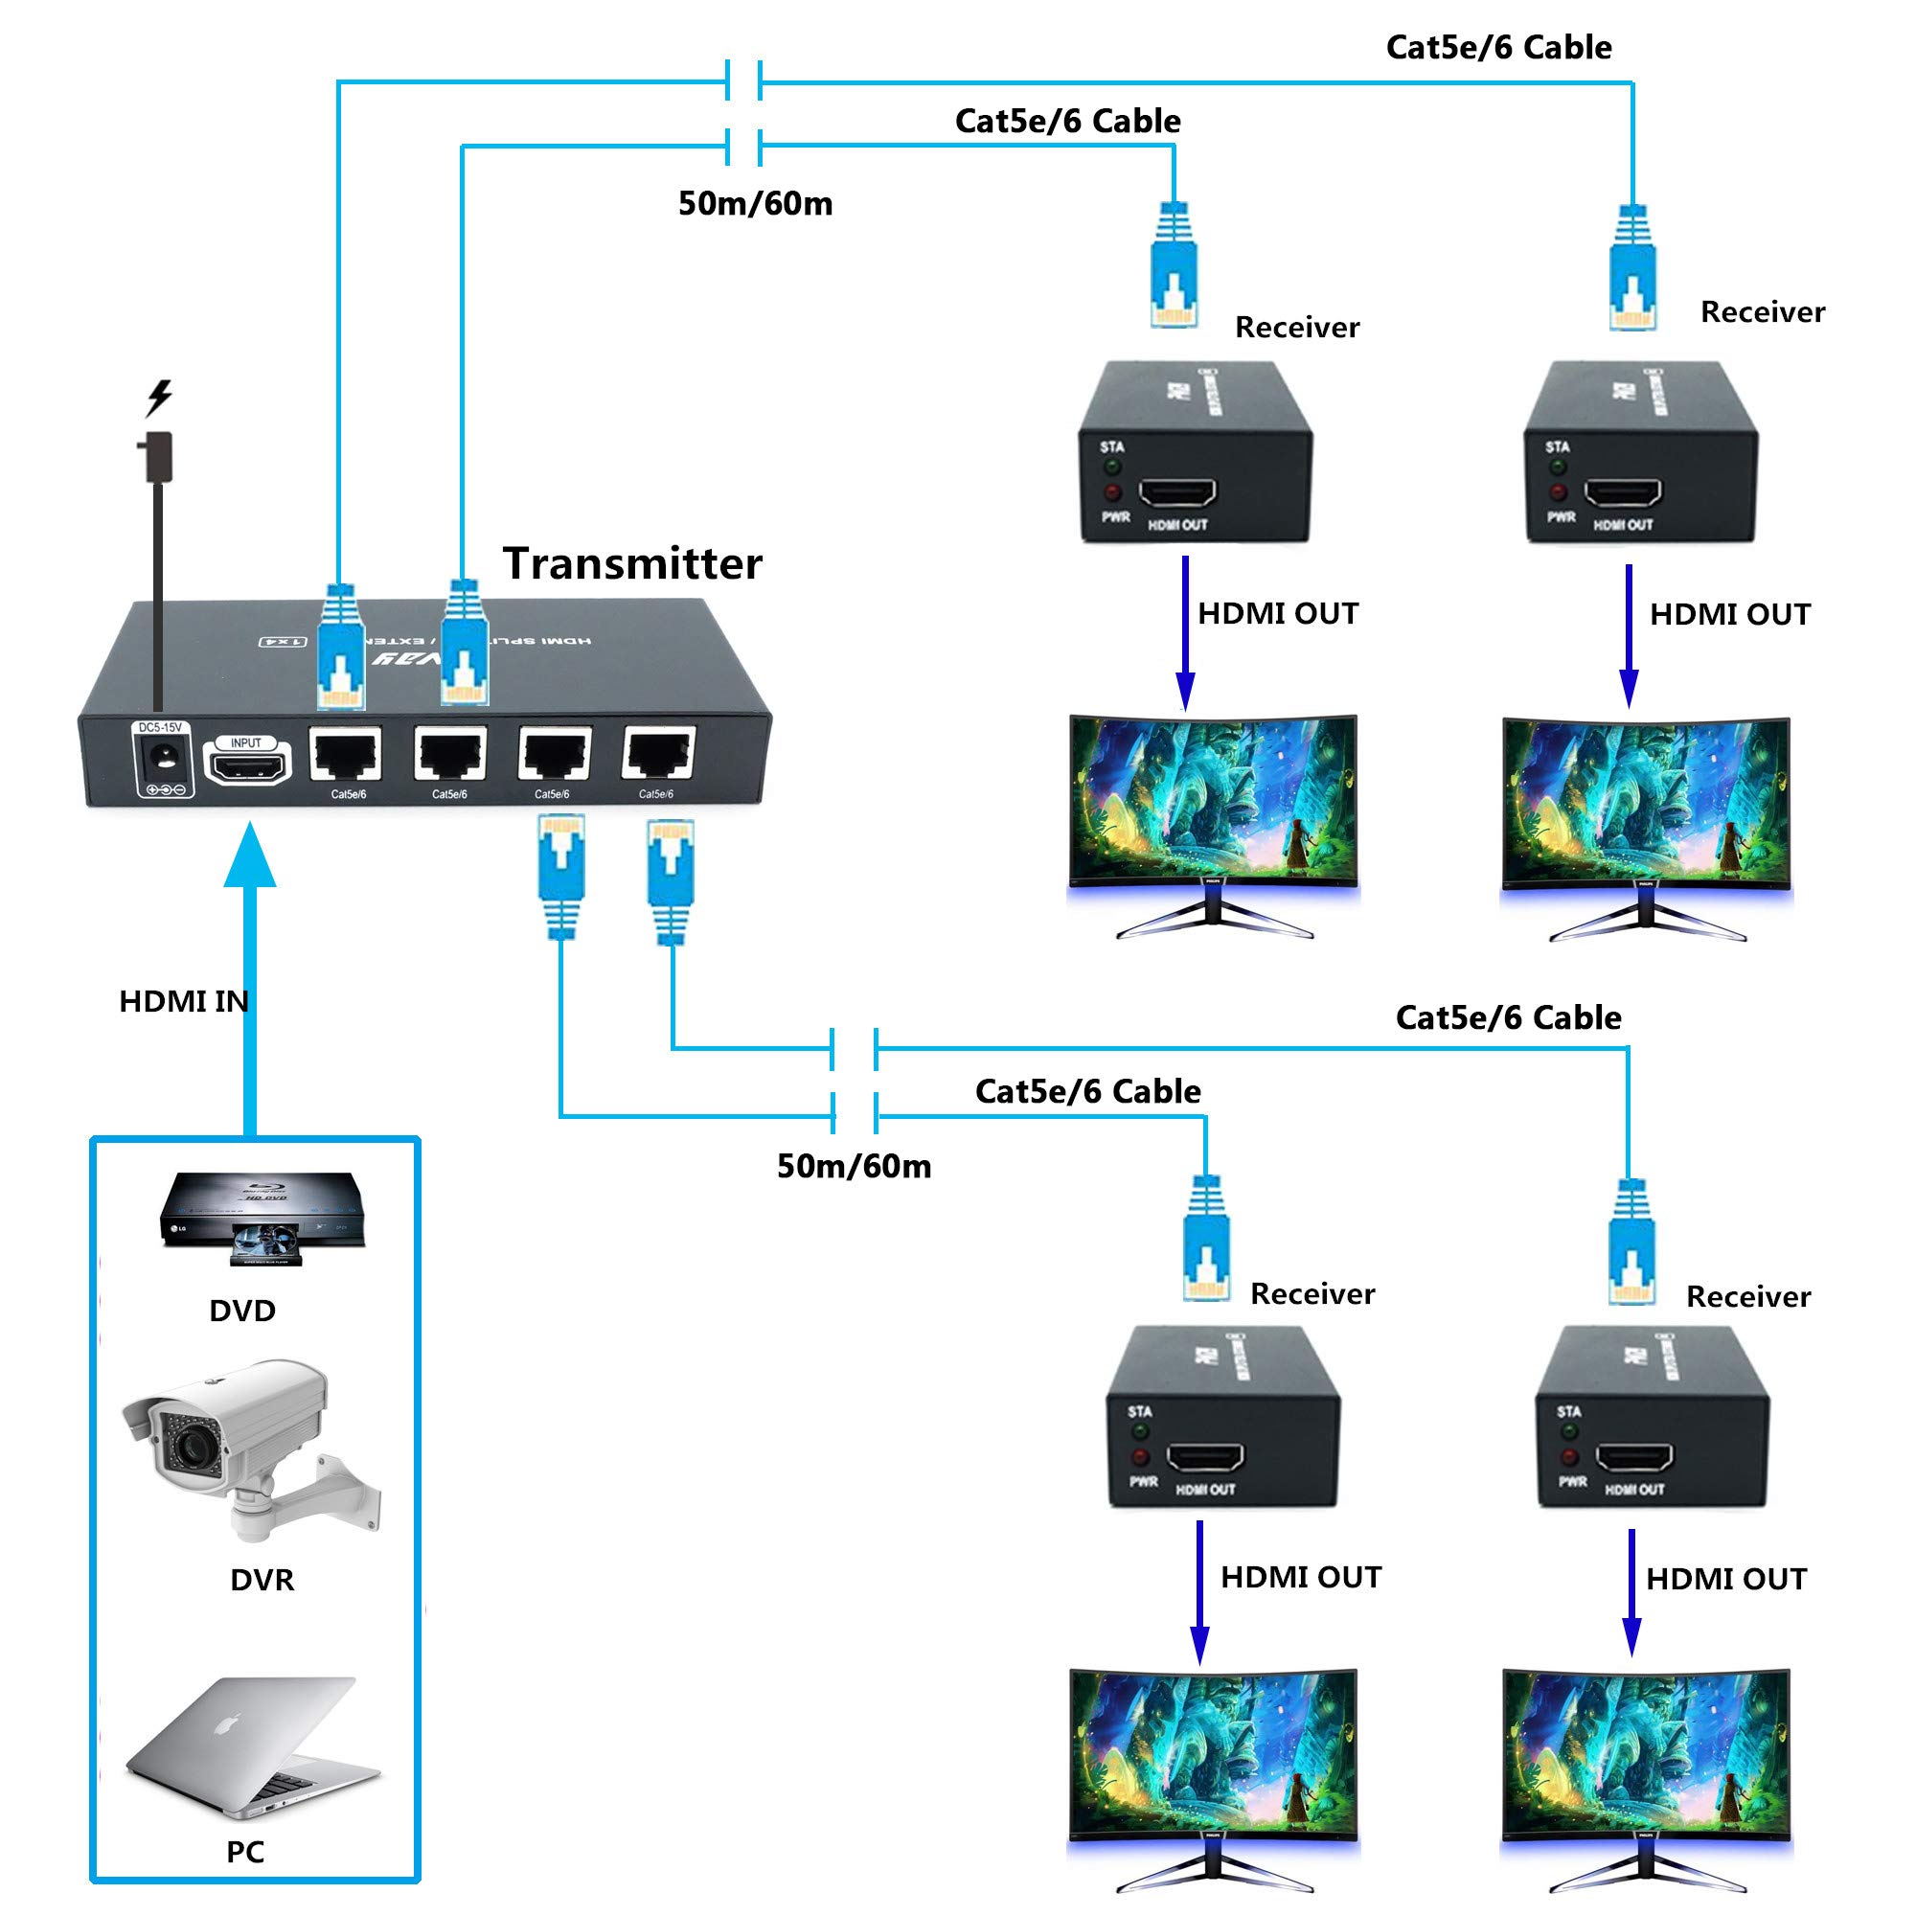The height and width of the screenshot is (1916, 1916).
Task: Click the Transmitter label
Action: tap(631, 563)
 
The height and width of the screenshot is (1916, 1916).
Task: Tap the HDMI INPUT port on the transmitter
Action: tap(247, 764)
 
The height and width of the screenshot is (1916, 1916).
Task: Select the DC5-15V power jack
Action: tap(162, 760)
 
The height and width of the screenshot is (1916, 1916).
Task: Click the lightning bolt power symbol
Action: tap(159, 397)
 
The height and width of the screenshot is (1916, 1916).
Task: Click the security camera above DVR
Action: tap(248, 1447)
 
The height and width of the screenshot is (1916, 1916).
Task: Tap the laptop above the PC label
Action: tap(253, 1749)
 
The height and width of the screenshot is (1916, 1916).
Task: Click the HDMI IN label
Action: tap(184, 1001)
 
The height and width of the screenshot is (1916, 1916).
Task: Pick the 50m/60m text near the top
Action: tap(755, 203)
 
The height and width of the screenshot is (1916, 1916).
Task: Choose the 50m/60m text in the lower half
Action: tap(854, 1165)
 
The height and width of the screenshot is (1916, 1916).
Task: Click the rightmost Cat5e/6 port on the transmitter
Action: tap(658, 756)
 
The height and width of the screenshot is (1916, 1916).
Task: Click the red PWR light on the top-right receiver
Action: tap(1558, 491)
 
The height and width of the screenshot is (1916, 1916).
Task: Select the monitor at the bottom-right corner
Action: tap(1646, 1780)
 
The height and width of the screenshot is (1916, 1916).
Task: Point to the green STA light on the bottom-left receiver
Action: tap(1139, 1431)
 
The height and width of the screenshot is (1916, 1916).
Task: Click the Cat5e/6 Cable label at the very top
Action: tap(1497, 47)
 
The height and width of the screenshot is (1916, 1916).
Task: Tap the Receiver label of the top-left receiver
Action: tap(1296, 328)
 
